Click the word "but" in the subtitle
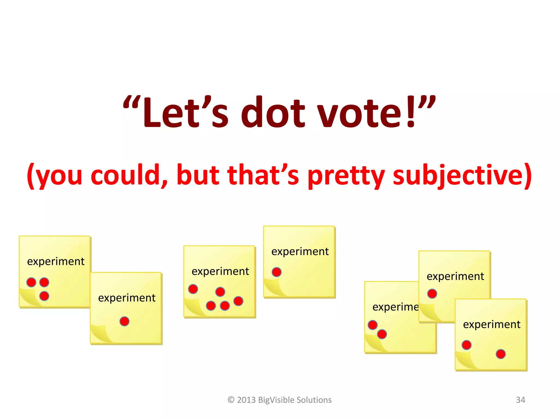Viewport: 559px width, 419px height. click(x=198, y=175)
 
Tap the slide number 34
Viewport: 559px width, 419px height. click(x=520, y=400)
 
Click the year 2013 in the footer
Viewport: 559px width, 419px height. click(x=246, y=400)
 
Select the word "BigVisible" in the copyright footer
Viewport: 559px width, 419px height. click(x=276, y=400)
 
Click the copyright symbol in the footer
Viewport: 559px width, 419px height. click(x=231, y=400)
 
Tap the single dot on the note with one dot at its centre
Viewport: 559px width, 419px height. click(x=124, y=321)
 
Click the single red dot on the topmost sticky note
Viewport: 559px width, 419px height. click(x=276, y=272)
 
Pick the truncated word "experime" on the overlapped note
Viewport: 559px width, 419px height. click(x=395, y=307)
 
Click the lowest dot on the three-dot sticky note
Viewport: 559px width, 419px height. click(x=44, y=296)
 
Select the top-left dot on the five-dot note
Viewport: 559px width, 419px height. click(x=193, y=289)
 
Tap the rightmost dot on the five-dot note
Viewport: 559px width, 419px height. click(x=238, y=301)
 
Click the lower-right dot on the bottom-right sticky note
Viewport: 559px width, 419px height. click(x=501, y=354)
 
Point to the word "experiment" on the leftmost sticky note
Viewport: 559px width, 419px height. click(x=56, y=262)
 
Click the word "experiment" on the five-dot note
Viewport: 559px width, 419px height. click(x=220, y=271)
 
